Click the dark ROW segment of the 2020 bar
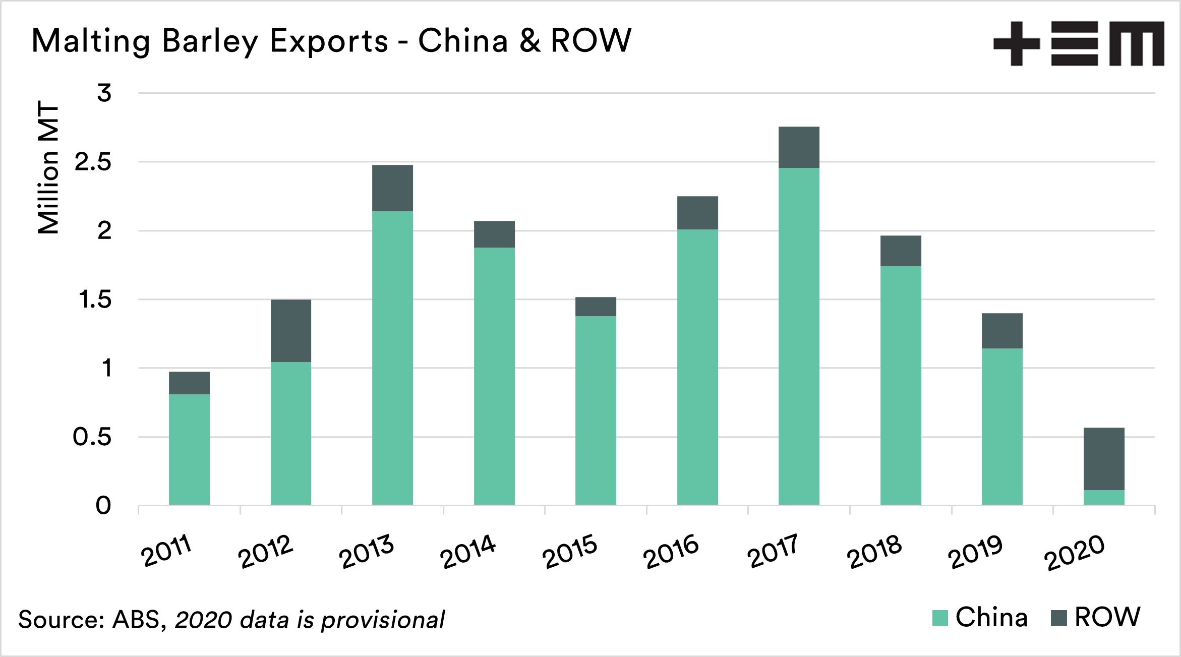pos(1104,459)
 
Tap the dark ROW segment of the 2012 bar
pos(291,331)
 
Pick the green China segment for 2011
pos(189,449)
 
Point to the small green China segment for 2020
pos(1104,498)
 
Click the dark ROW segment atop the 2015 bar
pos(596,307)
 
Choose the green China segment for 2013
pos(392,358)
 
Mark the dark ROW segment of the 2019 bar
pos(1002,331)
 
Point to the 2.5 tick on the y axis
pos(93,162)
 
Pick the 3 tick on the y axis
pos(104,93)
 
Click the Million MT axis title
pos(48,167)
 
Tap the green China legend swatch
pos(940,618)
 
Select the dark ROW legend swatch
pos(1058,618)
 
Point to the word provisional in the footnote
pos(383,620)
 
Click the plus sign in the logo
pos(1016,43)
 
